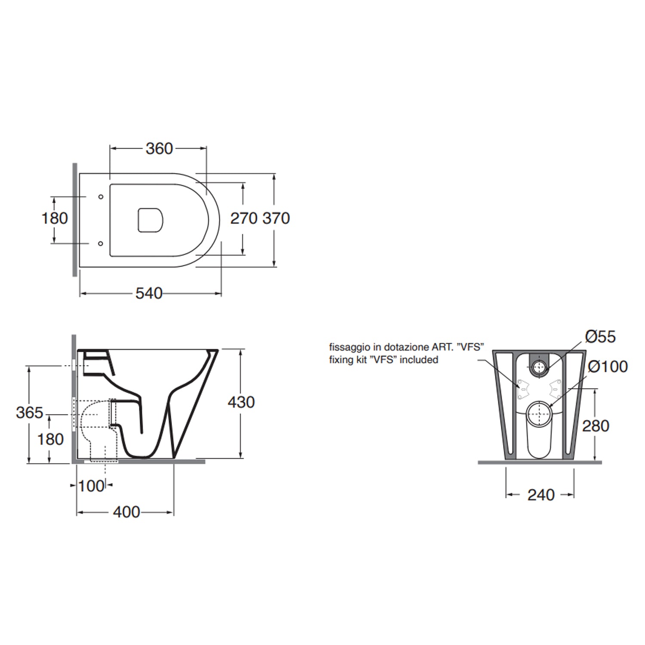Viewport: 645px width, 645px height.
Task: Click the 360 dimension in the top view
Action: click(x=159, y=149)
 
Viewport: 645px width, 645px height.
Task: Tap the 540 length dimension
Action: click(x=149, y=294)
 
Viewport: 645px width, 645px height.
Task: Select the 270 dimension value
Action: click(x=244, y=218)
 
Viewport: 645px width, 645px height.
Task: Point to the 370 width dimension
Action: click(x=276, y=218)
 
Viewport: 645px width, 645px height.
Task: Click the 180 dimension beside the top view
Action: click(x=55, y=218)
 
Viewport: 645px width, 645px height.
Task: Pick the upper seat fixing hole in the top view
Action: click(x=101, y=197)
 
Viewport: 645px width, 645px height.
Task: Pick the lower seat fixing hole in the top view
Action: click(x=101, y=243)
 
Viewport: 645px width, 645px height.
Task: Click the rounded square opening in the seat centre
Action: click(x=150, y=221)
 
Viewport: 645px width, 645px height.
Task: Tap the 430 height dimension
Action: click(x=241, y=402)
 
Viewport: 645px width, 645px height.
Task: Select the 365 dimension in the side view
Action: click(x=30, y=413)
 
